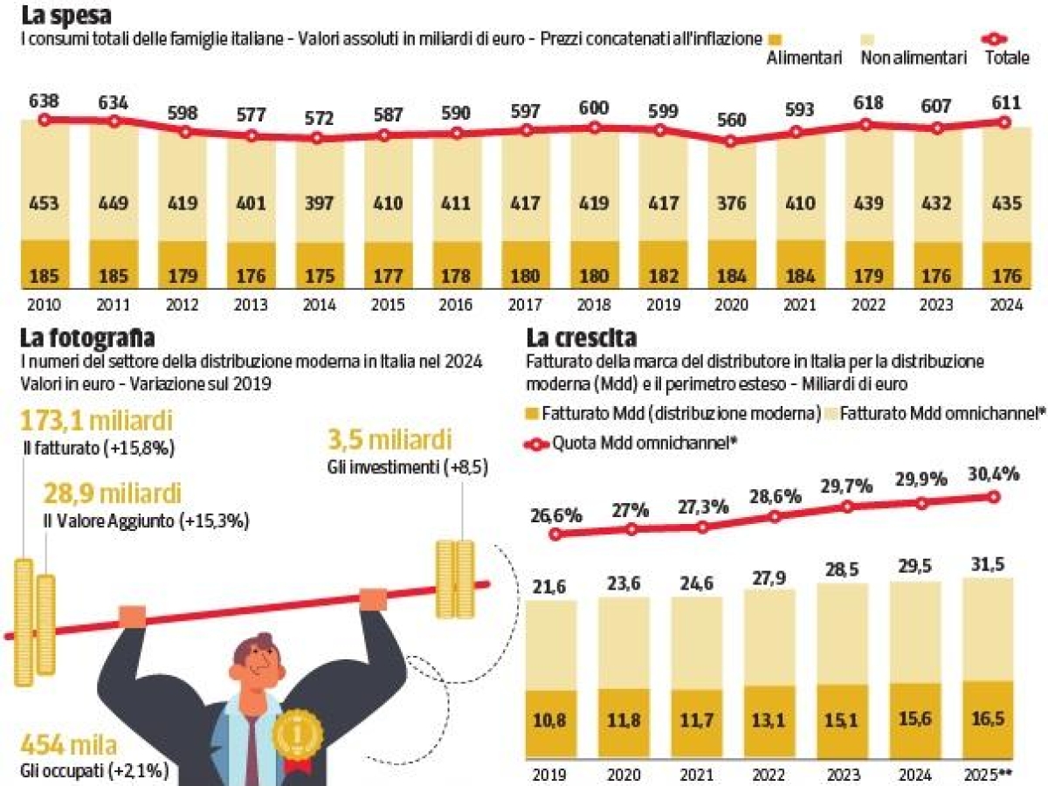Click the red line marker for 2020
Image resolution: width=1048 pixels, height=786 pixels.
click(x=731, y=140)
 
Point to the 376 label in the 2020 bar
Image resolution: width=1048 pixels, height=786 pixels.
click(x=731, y=203)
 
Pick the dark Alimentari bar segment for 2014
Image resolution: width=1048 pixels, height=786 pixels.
click(x=318, y=265)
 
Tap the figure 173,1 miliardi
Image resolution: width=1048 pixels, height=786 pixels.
click(x=96, y=423)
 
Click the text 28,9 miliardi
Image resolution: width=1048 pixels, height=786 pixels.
click(x=113, y=494)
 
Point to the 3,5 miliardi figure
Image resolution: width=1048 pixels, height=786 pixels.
click(x=390, y=438)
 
